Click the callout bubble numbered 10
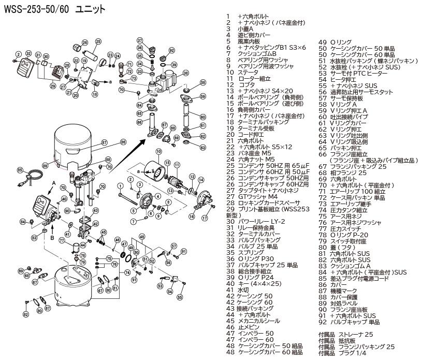[x=158, y=151]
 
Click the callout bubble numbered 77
[x=61, y=240]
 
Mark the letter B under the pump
[x=52, y=237]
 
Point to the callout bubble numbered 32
[x=28, y=54]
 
